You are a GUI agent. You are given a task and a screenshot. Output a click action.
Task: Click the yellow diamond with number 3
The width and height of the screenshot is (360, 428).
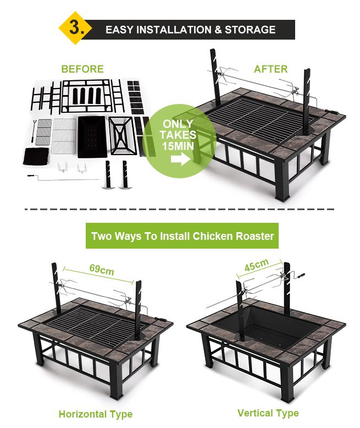pyautogui.click(x=74, y=29)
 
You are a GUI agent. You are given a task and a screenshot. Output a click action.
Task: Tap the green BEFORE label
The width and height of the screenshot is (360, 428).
pyautogui.click(x=82, y=69)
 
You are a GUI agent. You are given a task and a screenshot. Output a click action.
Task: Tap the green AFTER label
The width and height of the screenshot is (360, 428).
pyautogui.click(x=270, y=69)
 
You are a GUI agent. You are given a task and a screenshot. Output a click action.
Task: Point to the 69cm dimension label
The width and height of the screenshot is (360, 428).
pyautogui.click(x=102, y=270)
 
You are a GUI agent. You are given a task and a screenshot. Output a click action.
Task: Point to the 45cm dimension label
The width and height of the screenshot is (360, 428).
pyautogui.click(x=257, y=265)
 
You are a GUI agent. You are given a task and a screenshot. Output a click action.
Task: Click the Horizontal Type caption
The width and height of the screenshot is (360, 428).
pyautogui.click(x=96, y=414)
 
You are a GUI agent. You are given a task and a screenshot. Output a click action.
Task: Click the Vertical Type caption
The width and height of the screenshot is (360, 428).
pyautogui.click(x=268, y=413)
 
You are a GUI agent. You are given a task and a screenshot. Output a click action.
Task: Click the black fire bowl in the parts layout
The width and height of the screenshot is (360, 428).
pyautogui.click(x=91, y=136)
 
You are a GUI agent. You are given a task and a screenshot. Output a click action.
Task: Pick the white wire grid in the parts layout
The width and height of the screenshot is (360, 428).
pyautogui.click(x=64, y=134)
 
